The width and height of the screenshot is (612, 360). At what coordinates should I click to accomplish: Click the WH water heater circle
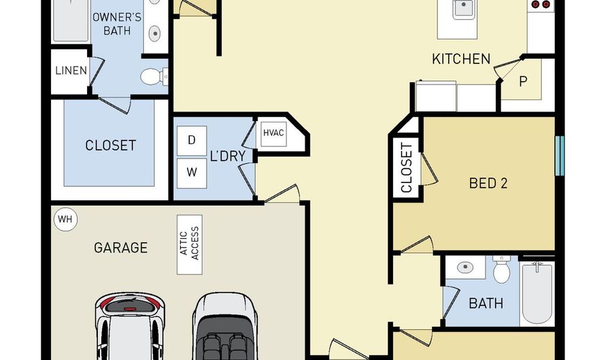tap(65, 219)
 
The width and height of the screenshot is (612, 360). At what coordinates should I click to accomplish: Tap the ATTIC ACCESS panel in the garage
tap(190, 244)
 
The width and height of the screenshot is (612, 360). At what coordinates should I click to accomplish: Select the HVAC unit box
tap(273, 134)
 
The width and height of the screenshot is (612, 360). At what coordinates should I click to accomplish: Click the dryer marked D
tap(192, 141)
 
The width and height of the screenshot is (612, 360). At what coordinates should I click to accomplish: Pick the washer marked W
tap(192, 173)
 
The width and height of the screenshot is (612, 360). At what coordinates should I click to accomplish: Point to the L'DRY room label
tap(228, 157)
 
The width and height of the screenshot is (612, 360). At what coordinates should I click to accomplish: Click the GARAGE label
tap(121, 248)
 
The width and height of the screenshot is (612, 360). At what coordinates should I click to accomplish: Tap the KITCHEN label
tap(461, 59)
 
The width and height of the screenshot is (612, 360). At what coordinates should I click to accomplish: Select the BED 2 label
tap(488, 183)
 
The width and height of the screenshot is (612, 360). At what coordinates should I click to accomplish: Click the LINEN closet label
tap(71, 71)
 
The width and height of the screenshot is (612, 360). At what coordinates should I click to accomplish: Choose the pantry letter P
tap(523, 81)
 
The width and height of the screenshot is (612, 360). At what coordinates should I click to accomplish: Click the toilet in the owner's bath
tap(154, 76)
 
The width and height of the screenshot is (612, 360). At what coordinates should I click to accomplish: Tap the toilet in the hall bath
tap(502, 269)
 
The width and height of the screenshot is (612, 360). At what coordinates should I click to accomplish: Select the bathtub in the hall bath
tap(537, 292)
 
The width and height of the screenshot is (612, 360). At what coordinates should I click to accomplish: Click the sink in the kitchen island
tap(463, 8)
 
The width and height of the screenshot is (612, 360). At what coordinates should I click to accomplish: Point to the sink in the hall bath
tap(465, 267)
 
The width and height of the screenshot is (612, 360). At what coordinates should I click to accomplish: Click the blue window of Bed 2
tap(560, 156)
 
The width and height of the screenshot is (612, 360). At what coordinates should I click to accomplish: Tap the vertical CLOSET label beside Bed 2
tap(407, 168)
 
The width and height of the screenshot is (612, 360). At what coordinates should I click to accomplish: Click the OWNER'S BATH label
tap(117, 24)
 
